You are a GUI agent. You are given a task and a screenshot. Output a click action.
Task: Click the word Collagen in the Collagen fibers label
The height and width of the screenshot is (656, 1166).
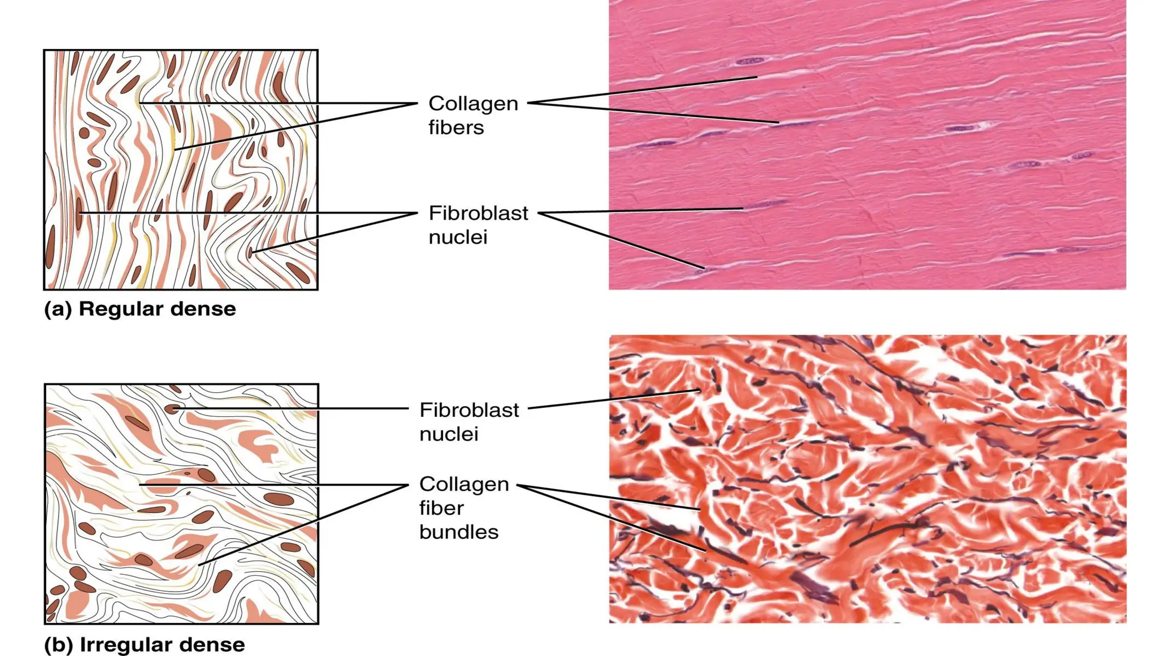point(473,104)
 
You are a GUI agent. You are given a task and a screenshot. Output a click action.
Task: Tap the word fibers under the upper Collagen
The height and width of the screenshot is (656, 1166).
point(456,128)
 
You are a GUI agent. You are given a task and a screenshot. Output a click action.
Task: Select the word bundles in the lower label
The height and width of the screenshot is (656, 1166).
point(459,532)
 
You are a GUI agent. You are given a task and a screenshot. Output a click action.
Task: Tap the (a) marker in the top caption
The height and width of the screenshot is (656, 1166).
point(58,309)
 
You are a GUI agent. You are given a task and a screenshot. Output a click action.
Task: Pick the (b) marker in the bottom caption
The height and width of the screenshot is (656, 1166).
point(59,645)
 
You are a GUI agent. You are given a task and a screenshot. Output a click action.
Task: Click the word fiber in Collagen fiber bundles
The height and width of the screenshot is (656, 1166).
point(441,508)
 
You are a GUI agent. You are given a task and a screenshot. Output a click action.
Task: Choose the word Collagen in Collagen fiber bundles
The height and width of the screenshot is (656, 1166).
point(464,484)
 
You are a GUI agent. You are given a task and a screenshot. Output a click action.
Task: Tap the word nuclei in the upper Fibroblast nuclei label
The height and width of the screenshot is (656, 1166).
point(458,237)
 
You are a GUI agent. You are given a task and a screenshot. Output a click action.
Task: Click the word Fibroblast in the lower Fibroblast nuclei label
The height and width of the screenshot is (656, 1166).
point(469,410)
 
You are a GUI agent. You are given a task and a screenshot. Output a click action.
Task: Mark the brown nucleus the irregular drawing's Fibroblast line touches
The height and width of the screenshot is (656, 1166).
point(171,408)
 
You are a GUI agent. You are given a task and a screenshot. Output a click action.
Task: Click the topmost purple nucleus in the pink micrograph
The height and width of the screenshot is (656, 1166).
point(750,60)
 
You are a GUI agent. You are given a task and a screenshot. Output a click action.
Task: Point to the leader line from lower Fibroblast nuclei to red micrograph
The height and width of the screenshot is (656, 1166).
point(615,399)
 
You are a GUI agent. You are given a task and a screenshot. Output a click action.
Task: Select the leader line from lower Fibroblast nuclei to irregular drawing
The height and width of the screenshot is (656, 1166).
point(296,408)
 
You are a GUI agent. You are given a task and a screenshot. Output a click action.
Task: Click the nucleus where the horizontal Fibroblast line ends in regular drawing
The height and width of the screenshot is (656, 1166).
point(79,213)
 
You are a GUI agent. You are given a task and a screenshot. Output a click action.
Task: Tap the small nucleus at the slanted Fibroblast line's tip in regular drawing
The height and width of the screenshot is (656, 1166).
point(250,252)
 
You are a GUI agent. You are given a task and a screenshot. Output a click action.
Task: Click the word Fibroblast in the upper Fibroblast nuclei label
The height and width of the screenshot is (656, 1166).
point(478,213)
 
